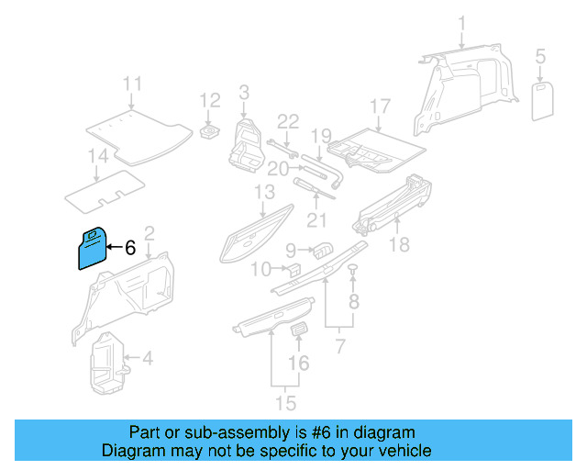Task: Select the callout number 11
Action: pos(134,84)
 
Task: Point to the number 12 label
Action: pos(210,100)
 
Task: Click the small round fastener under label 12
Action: pos(211,132)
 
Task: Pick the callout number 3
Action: pos(244,92)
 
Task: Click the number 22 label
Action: pos(288,121)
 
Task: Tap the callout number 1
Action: pos(462,23)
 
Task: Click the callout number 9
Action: pos(290,249)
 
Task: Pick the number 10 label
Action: pos(260,269)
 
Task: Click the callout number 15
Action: pos(287,403)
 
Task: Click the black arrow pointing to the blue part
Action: pos(113,247)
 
